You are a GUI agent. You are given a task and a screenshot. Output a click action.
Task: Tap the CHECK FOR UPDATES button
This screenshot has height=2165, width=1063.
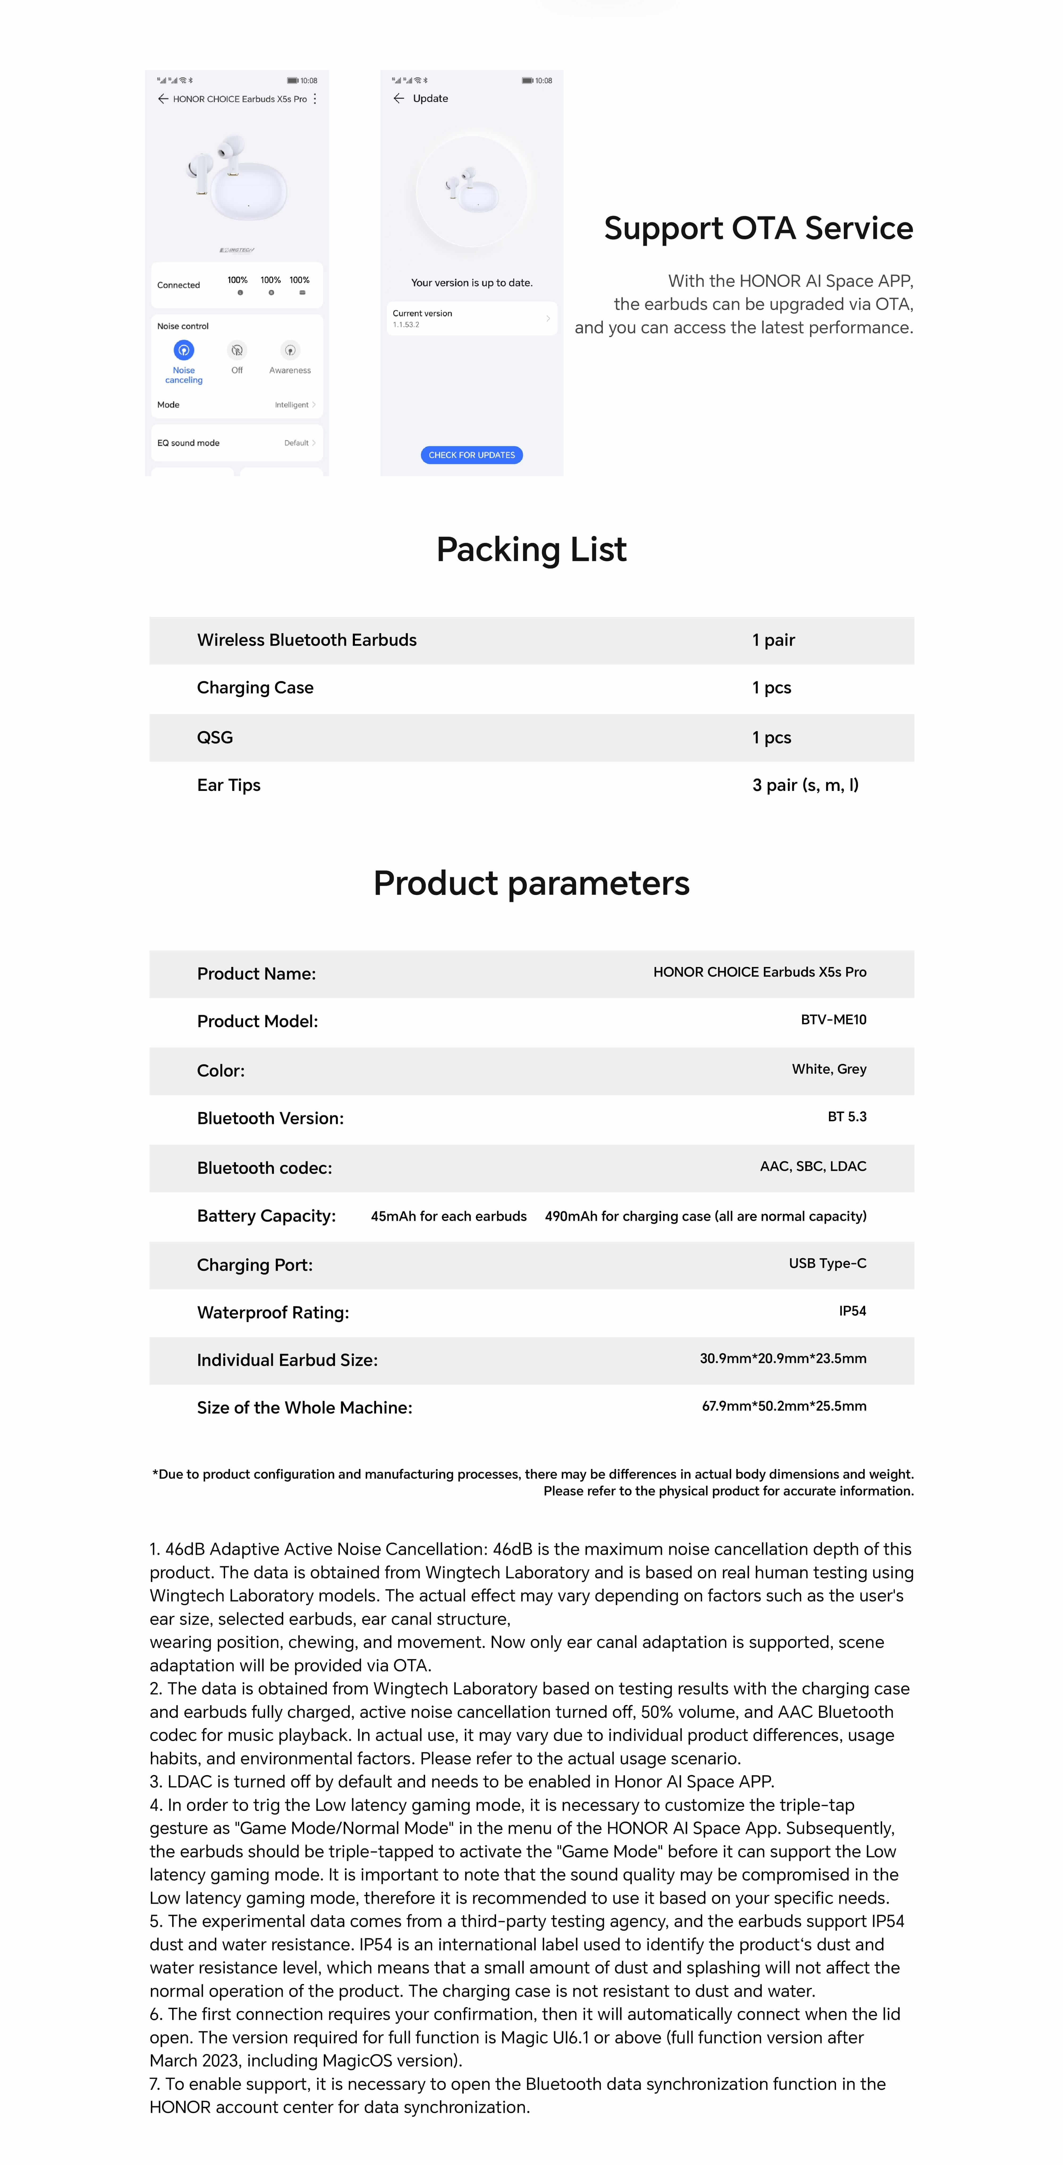pyautogui.click(x=471, y=455)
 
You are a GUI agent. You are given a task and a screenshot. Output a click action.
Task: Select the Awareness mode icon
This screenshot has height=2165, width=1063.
pyautogui.click(x=290, y=350)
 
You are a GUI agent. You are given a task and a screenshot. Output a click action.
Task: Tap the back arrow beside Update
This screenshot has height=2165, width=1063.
pyautogui.click(x=398, y=98)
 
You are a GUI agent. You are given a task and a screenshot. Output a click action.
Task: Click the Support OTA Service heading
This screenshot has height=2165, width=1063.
pyautogui.click(x=758, y=228)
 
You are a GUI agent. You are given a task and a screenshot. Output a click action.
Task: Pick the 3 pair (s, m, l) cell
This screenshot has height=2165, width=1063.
pyautogui.click(x=805, y=785)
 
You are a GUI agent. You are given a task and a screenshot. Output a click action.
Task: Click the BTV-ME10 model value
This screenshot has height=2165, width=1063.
pyautogui.click(x=833, y=1019)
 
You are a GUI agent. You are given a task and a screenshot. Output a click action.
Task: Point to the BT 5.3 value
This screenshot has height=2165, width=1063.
pyautogui.click(x=846, y=1116)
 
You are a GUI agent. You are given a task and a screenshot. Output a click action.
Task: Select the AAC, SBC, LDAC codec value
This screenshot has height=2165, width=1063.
pyautogui.click(x=812, y=1166)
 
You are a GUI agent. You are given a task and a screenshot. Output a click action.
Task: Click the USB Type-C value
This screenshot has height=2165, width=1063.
pyautogui.click(x=827, y=1263)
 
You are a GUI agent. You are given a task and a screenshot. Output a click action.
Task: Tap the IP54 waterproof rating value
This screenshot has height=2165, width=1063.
pyautogui.click(x=852, y=1310)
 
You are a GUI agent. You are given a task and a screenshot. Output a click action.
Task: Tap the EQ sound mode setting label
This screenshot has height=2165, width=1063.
pyautogui.click(x=188, y=443)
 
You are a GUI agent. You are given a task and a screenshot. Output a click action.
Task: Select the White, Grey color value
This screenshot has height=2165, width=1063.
pyautogui.click(x=829, y=1069)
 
